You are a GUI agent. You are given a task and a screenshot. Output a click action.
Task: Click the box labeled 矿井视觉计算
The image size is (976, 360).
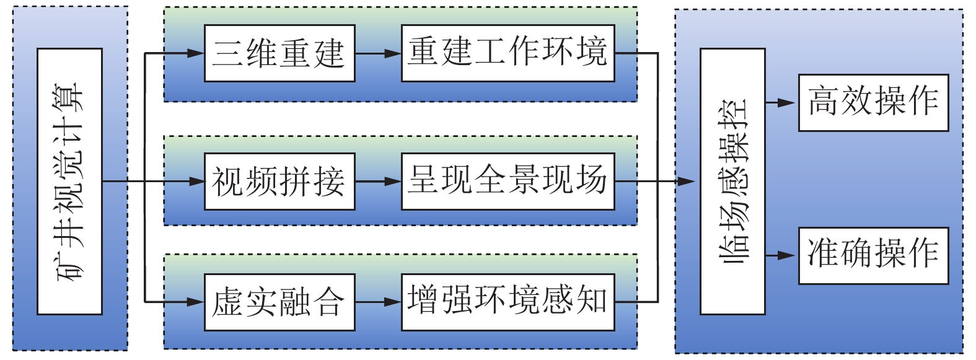pos(69,181)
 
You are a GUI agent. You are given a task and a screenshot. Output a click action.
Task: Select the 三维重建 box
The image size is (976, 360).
pos(279,53)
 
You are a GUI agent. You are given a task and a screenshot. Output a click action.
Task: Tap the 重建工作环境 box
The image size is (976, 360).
pos(508,53)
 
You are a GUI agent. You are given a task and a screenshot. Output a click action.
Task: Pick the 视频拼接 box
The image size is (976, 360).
pos(279,182)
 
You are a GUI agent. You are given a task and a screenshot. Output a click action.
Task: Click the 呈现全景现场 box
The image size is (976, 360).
pos(508,182)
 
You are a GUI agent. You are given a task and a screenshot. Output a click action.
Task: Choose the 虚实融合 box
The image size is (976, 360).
pos(279,302)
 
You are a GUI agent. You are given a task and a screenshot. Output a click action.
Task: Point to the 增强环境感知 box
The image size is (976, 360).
pos(508,302)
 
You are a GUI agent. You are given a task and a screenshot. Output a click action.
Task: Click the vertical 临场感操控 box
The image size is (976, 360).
pos(732,181)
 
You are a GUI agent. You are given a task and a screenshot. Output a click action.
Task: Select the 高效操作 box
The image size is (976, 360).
pos(873,103)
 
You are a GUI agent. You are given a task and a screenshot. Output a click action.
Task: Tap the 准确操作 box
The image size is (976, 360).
pos(873,255)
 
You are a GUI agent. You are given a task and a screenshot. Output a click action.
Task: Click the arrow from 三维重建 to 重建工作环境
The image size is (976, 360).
pos(378,53)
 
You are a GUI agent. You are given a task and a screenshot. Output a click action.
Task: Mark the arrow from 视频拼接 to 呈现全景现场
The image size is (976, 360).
pos(378,182)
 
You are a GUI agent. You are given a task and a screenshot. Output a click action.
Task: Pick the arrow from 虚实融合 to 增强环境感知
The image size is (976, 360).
pos(378,302)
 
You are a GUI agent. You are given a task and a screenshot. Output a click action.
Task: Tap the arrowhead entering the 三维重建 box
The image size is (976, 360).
pos(196,53)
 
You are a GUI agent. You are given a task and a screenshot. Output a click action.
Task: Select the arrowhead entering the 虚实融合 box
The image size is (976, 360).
pos(196,302)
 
